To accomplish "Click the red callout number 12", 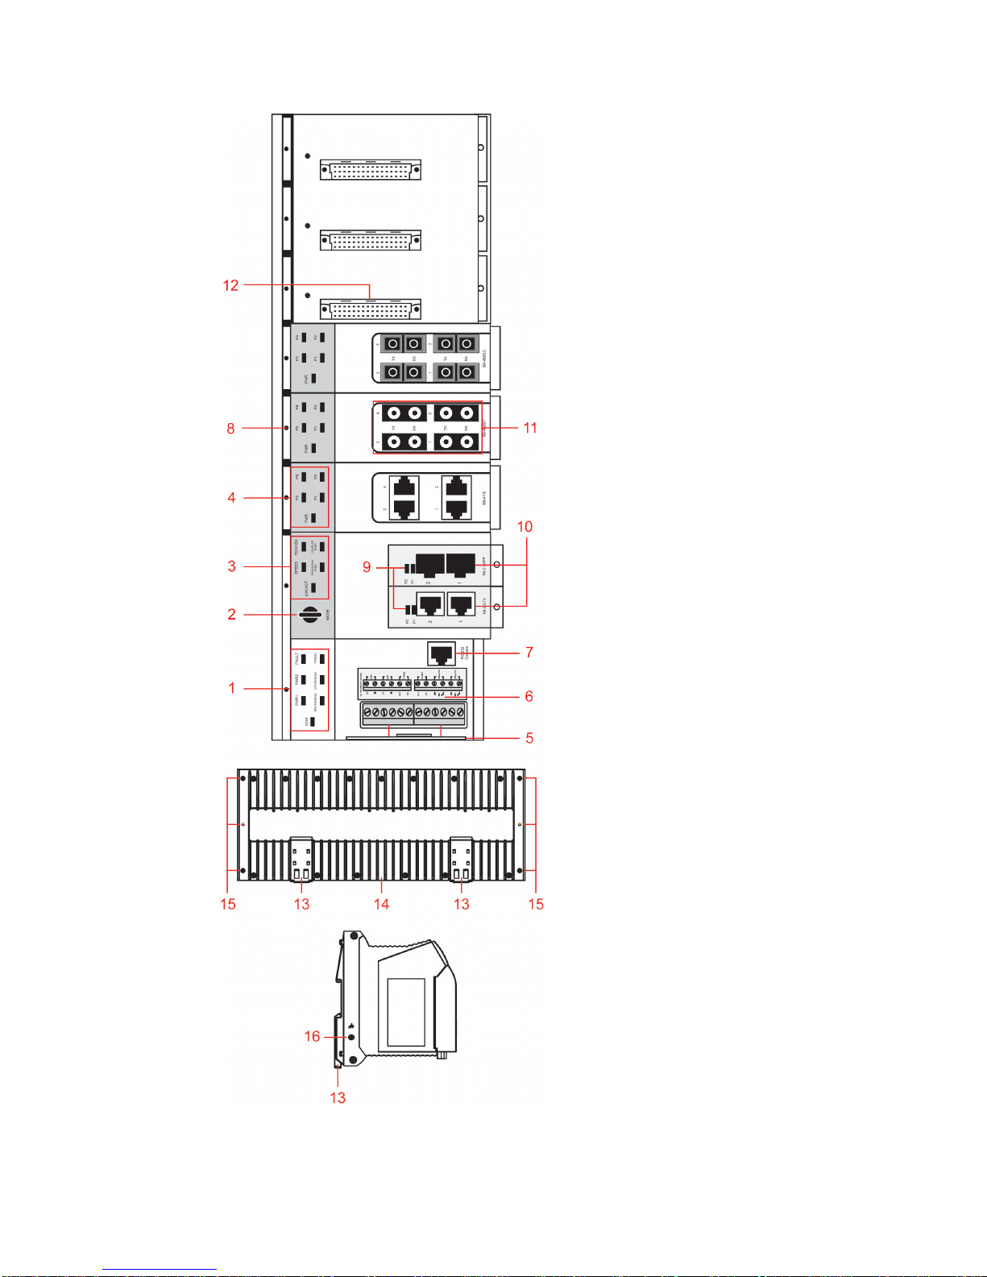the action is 230,285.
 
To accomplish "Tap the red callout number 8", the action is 230,429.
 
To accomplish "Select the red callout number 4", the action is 231,498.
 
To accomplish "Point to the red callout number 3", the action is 231,566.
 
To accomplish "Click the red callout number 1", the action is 232,688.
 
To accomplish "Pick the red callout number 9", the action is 367,567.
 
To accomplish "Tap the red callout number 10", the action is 525,527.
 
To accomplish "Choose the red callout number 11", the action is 530,428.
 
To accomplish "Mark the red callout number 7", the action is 529,652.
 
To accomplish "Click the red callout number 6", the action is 529,696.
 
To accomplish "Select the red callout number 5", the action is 529,738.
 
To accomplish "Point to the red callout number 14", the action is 381,904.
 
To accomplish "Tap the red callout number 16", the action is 312,1036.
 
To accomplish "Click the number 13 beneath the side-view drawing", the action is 338,1097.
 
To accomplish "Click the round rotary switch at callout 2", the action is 310,614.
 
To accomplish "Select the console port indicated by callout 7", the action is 442,652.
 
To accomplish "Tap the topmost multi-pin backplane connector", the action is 371,170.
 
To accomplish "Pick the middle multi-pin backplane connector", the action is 371,240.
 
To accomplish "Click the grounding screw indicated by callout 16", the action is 350,1037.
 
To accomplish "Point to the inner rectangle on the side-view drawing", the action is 406,1012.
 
